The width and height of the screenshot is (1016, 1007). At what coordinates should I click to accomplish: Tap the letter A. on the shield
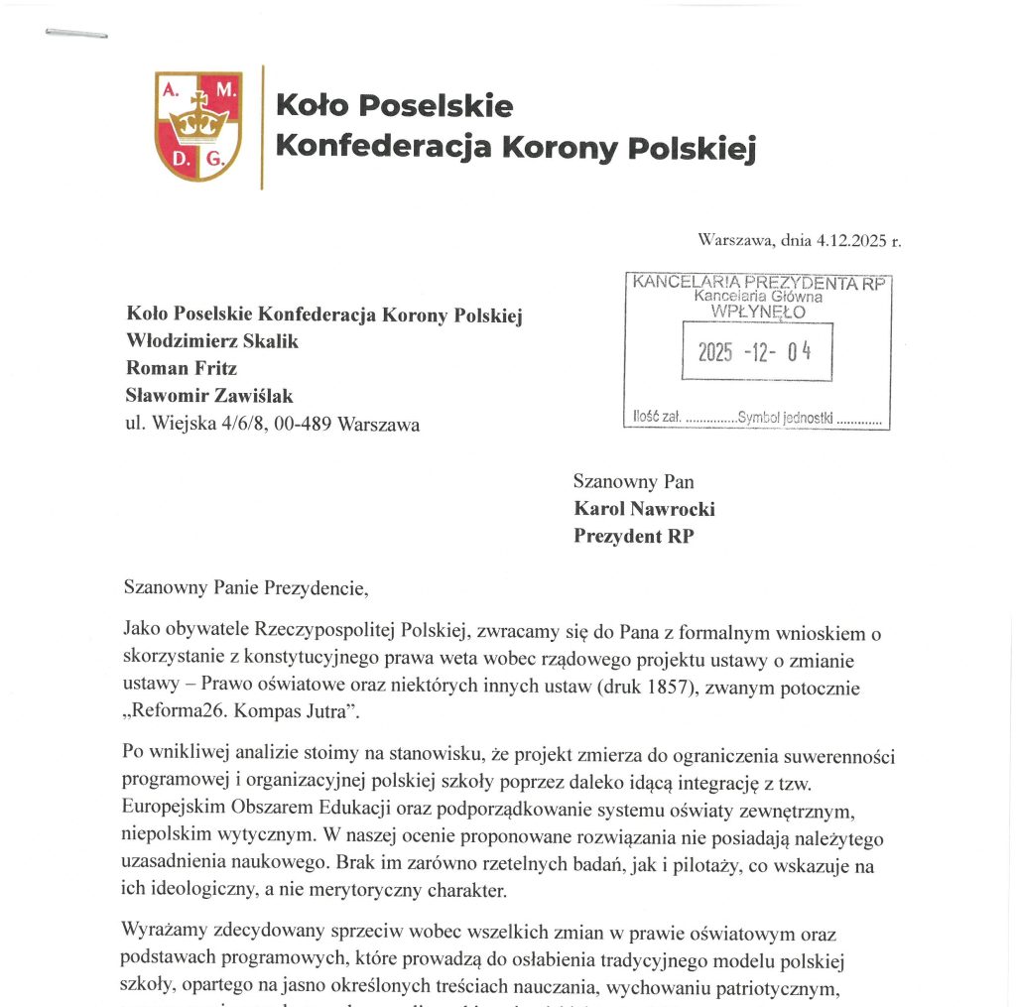pyautogui.click(x=170, y=89)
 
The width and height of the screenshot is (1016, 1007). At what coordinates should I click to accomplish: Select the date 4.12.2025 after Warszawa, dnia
pyautogui.click(x=851, y=240)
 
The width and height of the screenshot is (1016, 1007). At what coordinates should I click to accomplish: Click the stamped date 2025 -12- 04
pyautogui.click(x=755, y=352)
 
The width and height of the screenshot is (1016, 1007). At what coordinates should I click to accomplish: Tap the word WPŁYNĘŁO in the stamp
pyautogui.click(x=759, y=311)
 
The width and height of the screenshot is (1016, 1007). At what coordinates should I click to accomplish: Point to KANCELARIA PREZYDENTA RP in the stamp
pyautogui.click(x=759, y=283)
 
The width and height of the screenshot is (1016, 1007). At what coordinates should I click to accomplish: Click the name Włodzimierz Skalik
pyautogui.click(x=212, y=341)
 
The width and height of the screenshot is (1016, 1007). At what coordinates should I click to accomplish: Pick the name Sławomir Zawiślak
pyautogui.click(x=209, y=396)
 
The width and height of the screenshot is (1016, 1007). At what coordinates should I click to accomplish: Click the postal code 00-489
pyautogui.click(x=299, y=425)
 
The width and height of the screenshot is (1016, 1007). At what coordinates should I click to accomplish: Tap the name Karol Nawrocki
pyautogui.click(x=645, y=509)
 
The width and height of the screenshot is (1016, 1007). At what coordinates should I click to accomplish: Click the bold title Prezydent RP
pyautogui.click(x=633, y=537)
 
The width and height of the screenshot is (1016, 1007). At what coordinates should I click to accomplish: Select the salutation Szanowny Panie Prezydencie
pyautogui.click(x=246, y=586)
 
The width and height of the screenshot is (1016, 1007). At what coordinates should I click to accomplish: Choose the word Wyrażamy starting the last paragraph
pyautogui.click(x=162, y=933)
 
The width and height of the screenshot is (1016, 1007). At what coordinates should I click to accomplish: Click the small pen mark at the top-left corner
pyautogui.click(x=76, y=35)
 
